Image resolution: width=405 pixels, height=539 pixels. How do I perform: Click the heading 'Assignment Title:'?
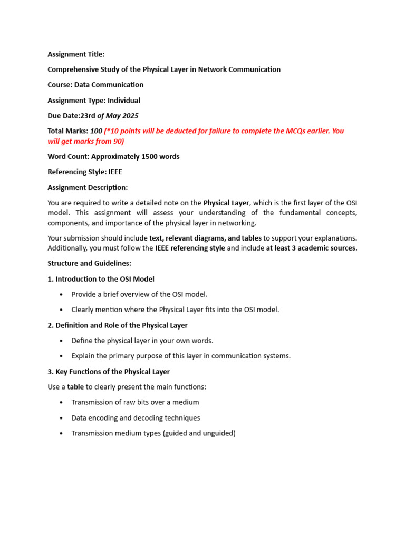point(76,54)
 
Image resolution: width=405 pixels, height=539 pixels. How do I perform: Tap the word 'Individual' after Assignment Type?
point(124,101)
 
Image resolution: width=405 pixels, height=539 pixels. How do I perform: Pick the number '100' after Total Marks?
point(96,131)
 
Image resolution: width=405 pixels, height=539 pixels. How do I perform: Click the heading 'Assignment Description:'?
point(88,187)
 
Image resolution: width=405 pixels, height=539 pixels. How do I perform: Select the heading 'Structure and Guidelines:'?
point(89,263)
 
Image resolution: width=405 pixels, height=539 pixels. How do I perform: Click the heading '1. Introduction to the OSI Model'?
point(101,279)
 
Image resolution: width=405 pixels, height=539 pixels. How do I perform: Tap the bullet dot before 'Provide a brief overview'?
point(62,294)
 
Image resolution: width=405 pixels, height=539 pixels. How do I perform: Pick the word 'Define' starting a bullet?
point(82,341)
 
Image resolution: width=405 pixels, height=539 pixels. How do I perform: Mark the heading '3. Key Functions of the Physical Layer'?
point(109,372)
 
